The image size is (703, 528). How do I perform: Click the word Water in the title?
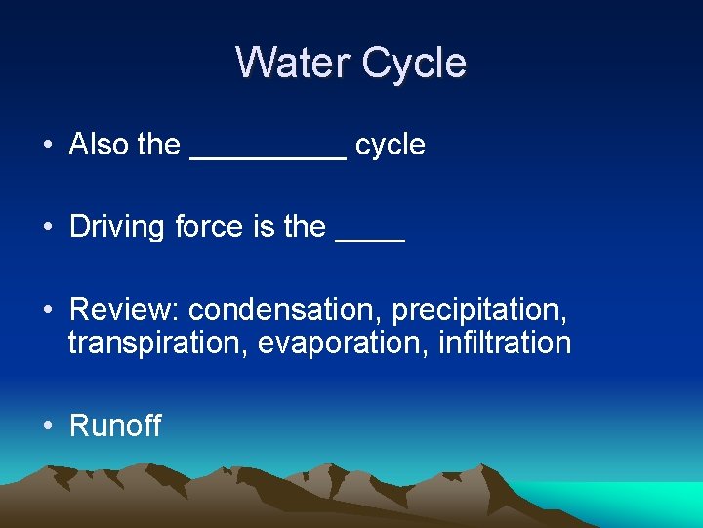pos(294,63)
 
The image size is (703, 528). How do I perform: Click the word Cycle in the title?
pos(414,63)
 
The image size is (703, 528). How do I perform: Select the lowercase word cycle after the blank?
pos(391,146)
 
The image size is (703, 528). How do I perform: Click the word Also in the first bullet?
pos(100,145)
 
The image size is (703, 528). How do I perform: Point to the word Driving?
pos(118,227)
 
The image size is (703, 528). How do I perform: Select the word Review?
pos(125,310)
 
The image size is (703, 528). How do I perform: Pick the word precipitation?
pos(479,310)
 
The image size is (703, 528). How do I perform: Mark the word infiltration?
pos(505,343)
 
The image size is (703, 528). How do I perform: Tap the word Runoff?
pos(115,425)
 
